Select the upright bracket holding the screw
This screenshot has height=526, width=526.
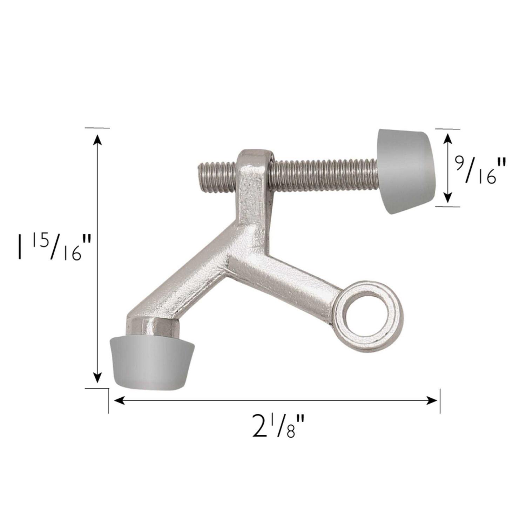point(254,189)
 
